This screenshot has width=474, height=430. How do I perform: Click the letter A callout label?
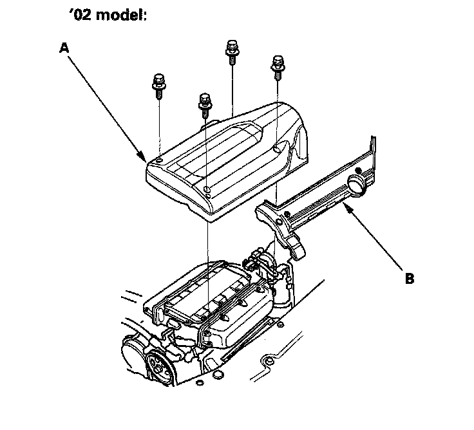click(62, 47)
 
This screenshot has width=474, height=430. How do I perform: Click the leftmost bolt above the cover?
click(157, 84)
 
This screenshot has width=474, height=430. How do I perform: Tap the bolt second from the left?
click(205, 101)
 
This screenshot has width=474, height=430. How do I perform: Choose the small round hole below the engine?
click(218, 375)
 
